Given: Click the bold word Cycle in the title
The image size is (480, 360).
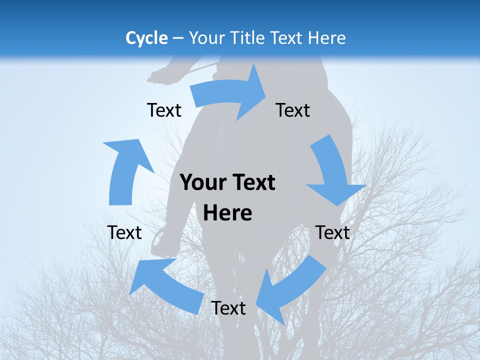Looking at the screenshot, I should (x=146, y=38).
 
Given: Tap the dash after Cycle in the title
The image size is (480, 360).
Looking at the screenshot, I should (x=178, y=38).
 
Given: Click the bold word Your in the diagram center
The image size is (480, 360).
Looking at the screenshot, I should (x=203, y=183).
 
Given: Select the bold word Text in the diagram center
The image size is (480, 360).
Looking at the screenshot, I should (x=252, y=183).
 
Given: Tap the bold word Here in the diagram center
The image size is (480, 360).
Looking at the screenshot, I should (x=228, y=213).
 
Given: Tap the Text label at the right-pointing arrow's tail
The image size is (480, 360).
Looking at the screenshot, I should (x=164, y=110).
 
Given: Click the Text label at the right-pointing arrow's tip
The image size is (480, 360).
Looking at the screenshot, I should (x=293, y=110).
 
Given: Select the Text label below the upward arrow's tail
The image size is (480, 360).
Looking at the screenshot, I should (x=124, y=232).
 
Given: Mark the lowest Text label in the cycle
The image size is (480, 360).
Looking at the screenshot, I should (x=228, y=308).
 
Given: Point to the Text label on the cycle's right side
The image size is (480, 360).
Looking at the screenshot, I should (x=333, y=232).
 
